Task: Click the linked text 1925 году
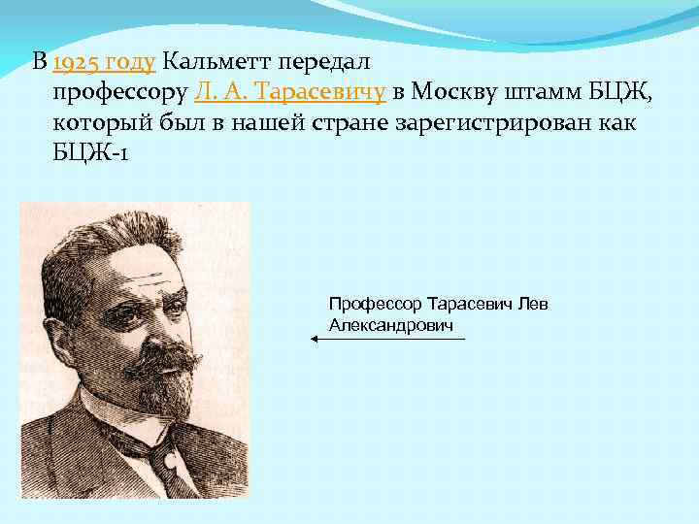click(105, 63)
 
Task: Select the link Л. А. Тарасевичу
click(291, 92)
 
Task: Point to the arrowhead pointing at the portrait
click(315, 339)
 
